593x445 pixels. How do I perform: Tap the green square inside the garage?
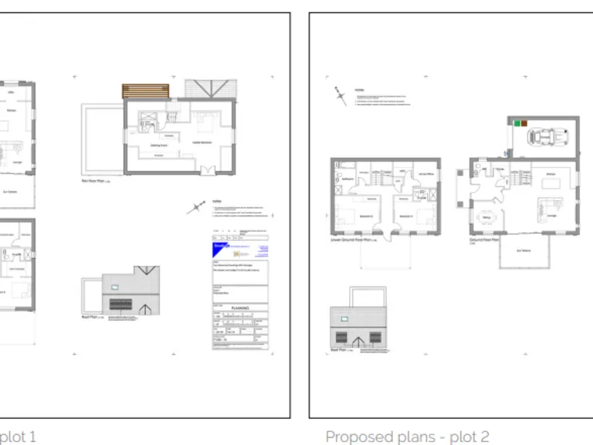tap(515, 122)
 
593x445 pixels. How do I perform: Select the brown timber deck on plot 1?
tap(145, 91)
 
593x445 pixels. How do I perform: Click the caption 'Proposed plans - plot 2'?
tap(407, 437)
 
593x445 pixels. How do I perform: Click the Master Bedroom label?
tap(202, 142)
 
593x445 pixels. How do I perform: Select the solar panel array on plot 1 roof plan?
tap(121, 302)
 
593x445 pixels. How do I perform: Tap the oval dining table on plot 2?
tap(486, 217)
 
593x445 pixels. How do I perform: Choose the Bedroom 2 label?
tap(350, 216)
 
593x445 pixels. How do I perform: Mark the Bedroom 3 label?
tap(404, 216)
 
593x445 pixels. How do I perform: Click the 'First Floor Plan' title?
tap(97, 182)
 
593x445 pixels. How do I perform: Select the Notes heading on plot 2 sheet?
tap(359, 90)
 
